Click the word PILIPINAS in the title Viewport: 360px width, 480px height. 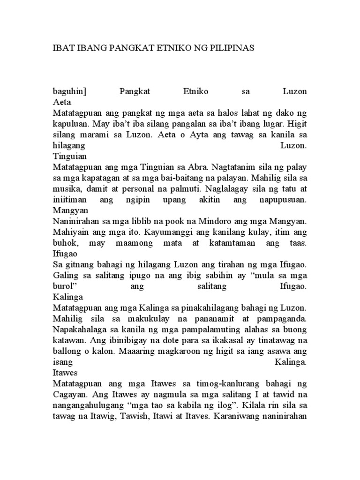232,48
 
